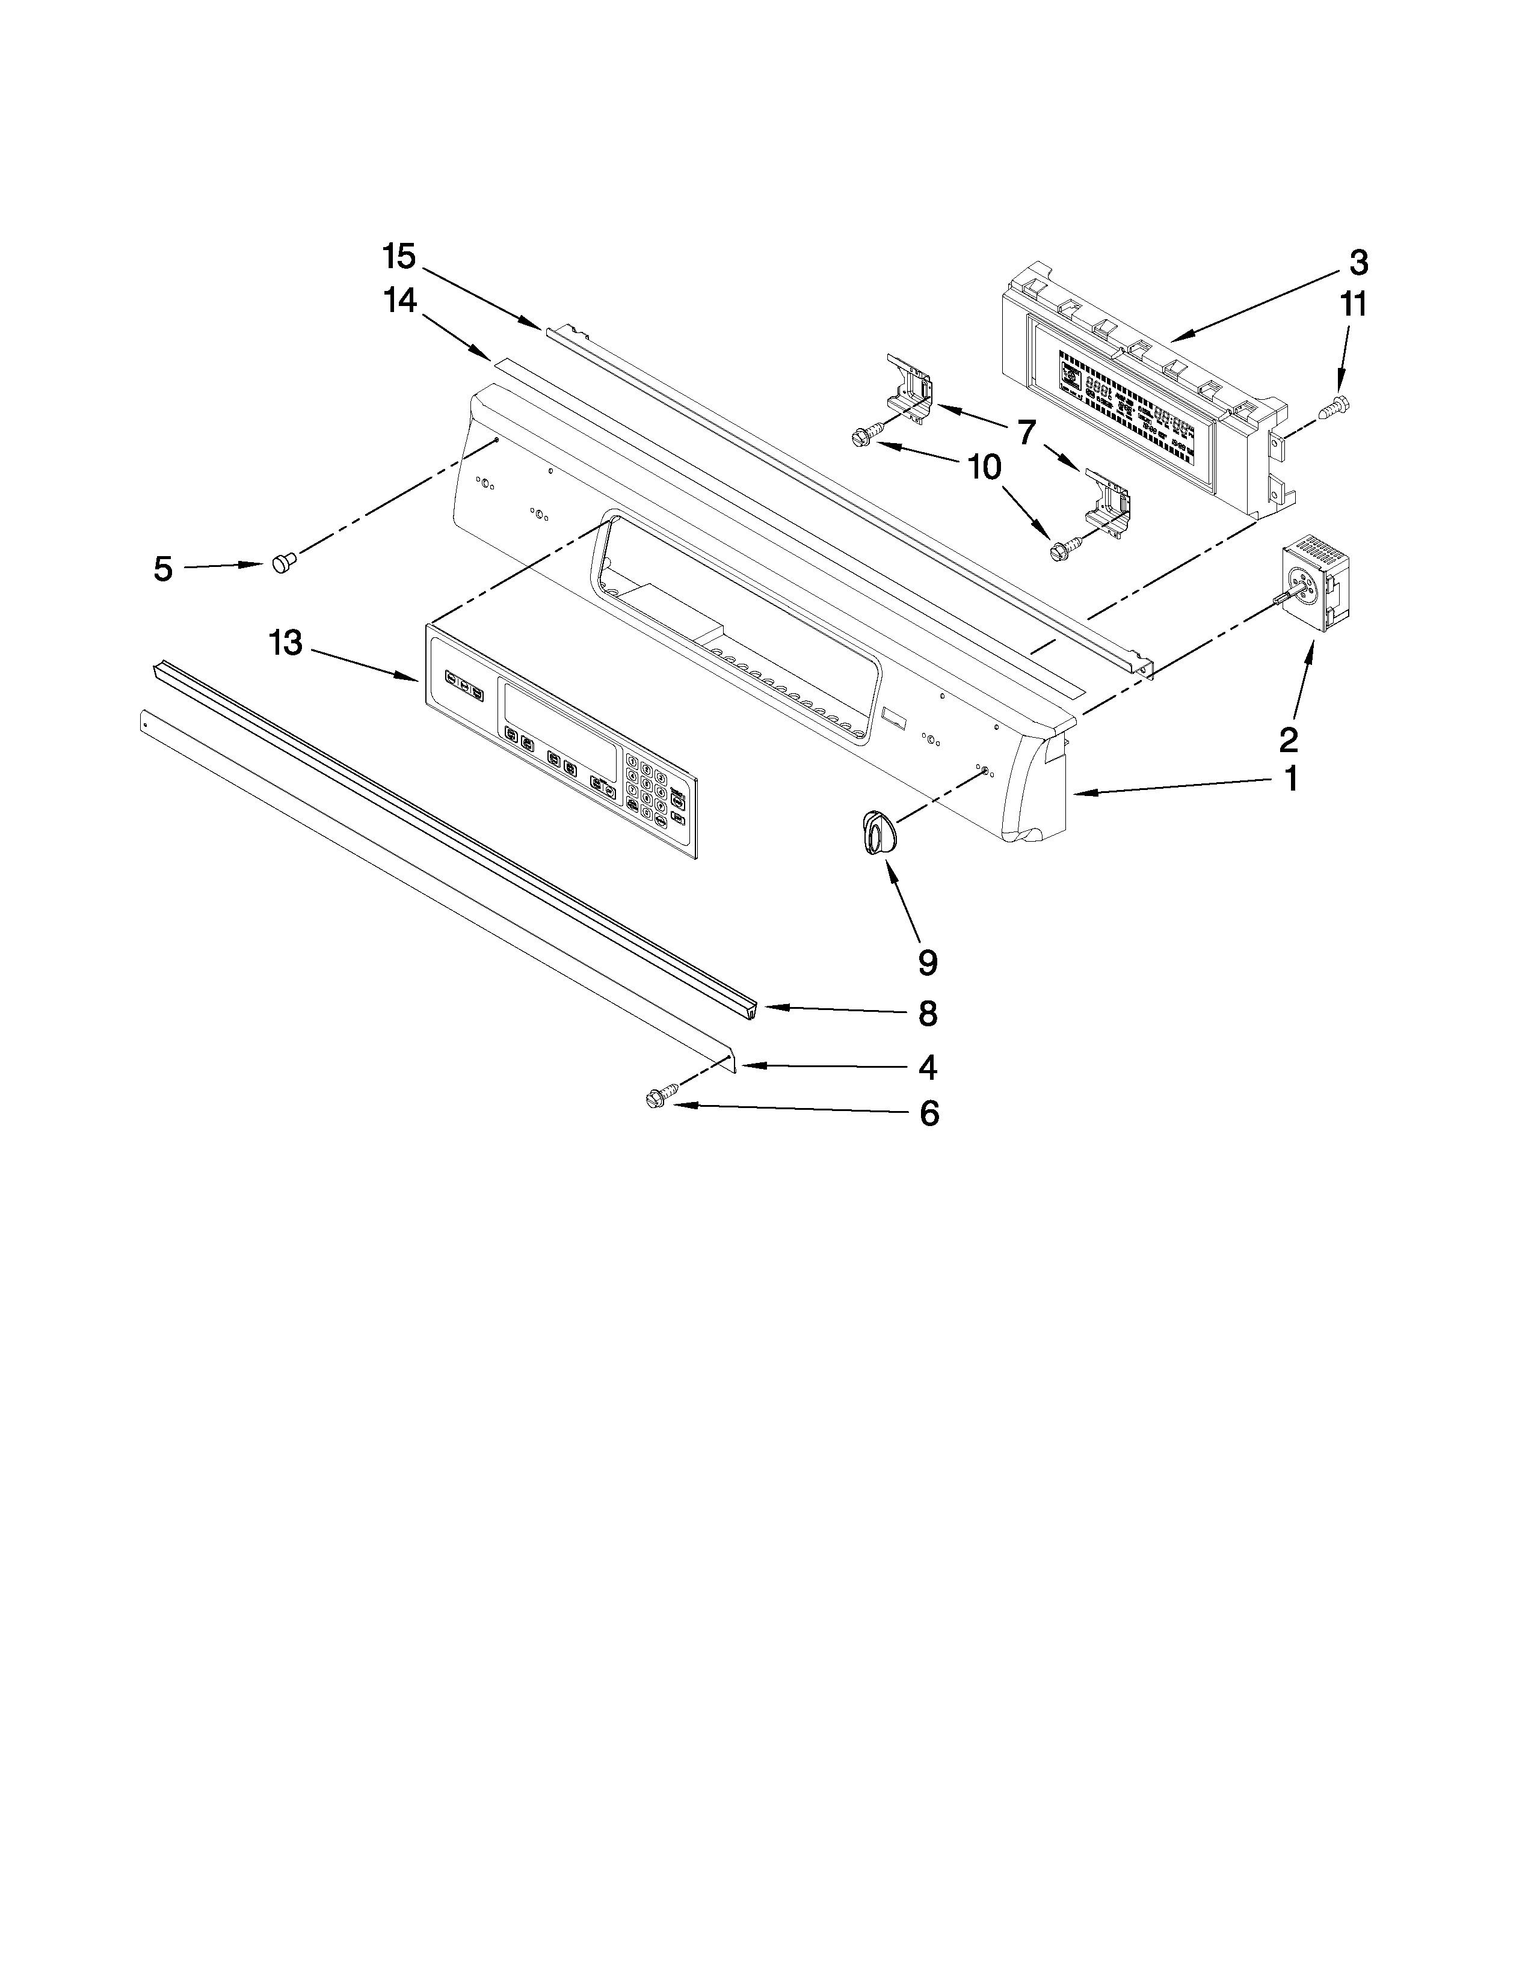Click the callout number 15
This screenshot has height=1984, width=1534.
click(398, 257)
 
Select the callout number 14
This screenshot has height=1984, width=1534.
click(399, 301)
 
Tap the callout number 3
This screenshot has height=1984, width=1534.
click(1358, 263)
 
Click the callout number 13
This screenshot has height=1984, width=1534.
click(285, 643)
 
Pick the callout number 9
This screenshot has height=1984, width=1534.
click(927, 962)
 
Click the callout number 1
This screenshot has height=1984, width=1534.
click(1290, 779)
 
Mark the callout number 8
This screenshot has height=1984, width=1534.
click(927, 1013)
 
